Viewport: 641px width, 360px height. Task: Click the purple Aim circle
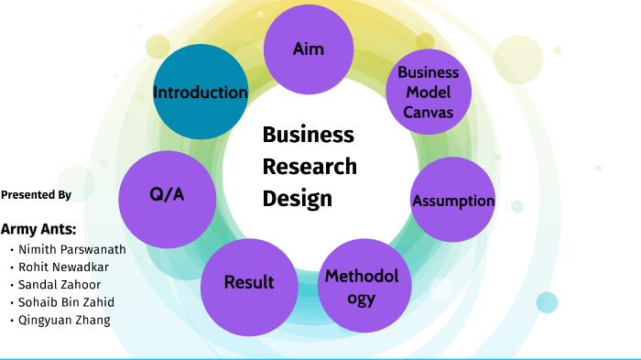[x=309, y=49]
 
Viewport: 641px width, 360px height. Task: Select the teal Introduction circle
[x=200, y=93]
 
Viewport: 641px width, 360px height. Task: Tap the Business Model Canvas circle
[x=429, y=92]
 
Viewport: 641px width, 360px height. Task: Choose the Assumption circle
[x=452, y=201]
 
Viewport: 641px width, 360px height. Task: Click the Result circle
[x=249, y=283]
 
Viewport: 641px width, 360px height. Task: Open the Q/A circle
[x=168, y=195]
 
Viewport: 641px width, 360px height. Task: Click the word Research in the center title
[x=310, y=167]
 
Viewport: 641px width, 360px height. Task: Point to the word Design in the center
[x=297, y=198]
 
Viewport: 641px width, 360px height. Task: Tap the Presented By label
[x=37, y=195]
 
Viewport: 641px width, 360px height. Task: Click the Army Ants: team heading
[x=38, y=229]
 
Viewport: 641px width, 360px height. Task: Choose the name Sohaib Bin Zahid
[x=67, y=302]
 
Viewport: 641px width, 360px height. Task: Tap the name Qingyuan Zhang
[x=64, y=320]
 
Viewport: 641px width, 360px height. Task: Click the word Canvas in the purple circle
[x=429, y=112]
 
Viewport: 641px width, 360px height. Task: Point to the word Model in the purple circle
[x=429, y=93]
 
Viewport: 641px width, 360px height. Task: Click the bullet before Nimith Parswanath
[x=11, y=250]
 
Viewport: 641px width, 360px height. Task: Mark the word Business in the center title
[x=308, y=136]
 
